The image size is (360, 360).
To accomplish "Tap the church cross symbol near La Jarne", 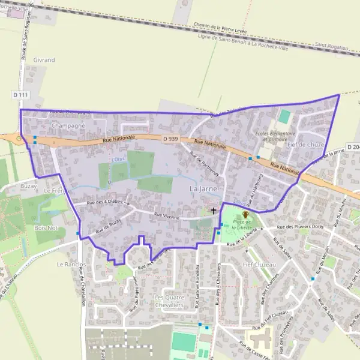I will click(214, 211).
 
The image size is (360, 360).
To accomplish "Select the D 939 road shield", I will click(170, 139).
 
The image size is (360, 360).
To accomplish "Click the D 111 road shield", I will click(20, 95).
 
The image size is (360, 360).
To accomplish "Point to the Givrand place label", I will click(44, 60).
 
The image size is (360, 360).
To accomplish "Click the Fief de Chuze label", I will click(305, 145).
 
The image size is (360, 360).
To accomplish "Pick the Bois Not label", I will click(46, 228).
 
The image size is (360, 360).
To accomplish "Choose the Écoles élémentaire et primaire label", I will click(275, 136).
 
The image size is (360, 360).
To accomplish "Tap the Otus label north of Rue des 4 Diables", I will click(119, 159).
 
